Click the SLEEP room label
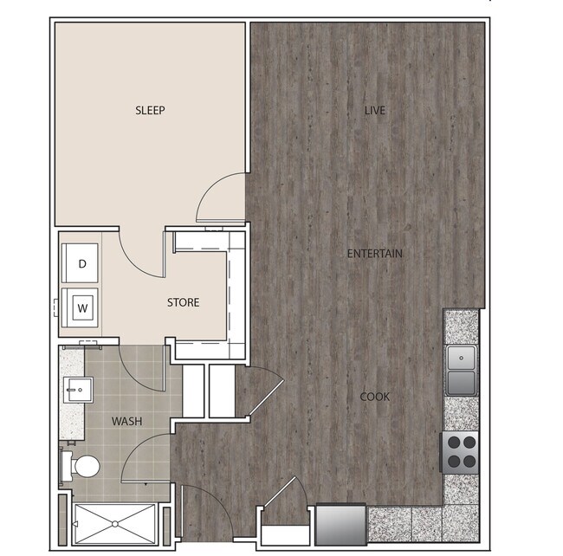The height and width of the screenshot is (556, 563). click(x=150, y=111)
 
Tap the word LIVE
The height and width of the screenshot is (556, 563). click(x=374, y=111)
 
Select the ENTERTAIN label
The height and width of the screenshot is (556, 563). click(x=374, y=254)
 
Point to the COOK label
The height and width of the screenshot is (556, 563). click(x=374, y=397)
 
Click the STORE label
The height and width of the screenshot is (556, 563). click(x=183, y=302)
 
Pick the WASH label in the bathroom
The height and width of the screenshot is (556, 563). click(x=126, y=421)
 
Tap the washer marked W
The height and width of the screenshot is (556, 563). click(x=83, y=307)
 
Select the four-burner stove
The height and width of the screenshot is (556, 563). click(x=461, y=451)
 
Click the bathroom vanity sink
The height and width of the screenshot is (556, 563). click(x=74, y=391)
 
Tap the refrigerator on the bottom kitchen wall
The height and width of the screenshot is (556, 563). click(x=340, y=524)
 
